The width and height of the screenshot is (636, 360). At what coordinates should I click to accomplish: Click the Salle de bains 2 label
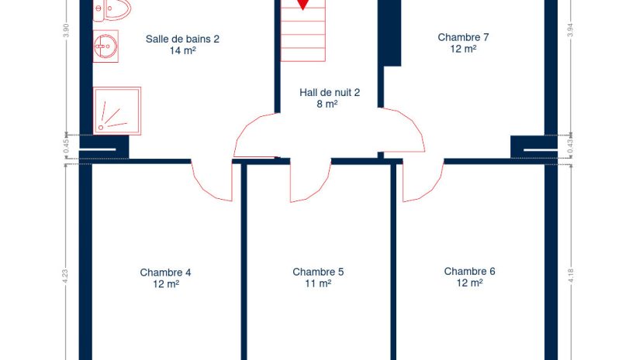(x=182, y=39)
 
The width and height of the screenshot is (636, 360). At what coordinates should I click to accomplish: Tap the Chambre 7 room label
(x=463, y=37)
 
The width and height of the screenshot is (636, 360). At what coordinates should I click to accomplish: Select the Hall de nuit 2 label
(x=330, y=93)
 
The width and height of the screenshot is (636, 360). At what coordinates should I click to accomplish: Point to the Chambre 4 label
(x=165, y=273)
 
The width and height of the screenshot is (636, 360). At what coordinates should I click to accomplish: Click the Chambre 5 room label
(x=318, y=272)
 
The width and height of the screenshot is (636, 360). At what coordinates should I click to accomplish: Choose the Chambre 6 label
(x=470, y=271)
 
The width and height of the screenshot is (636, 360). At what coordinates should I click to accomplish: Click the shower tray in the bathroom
(x=117, y=111)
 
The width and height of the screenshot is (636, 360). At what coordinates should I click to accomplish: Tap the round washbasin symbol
(x=105, y=46)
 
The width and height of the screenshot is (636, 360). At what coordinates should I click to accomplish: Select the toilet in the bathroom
(x=112, y=10)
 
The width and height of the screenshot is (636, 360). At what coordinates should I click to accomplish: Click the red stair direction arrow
(x=302, y=4)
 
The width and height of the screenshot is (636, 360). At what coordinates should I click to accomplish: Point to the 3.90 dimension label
(x=67, y=31)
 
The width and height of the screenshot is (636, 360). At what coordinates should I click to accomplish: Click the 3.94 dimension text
(x=570, y=30)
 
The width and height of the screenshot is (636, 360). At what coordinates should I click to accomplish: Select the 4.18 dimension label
(x=571, y=276)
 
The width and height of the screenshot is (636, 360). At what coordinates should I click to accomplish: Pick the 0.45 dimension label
(x=67, y=146)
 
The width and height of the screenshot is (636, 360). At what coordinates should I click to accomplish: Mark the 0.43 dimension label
(x=570, y=146)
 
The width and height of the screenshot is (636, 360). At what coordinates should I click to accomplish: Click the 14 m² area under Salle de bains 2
(x=183, y=50)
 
